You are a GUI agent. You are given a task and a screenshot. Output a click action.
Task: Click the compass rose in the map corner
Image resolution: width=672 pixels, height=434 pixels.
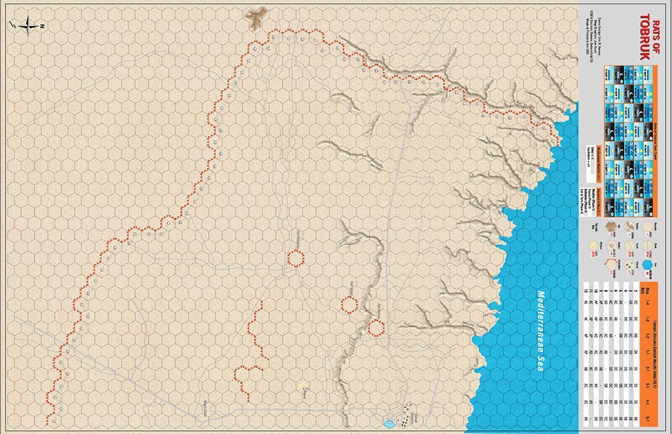click(x=25, y=25)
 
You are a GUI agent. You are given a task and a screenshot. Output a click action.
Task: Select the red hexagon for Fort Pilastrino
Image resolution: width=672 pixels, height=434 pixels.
click(x=295, y=258)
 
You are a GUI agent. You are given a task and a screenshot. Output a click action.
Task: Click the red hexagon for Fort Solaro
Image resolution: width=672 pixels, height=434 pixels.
click(x=349, y=304)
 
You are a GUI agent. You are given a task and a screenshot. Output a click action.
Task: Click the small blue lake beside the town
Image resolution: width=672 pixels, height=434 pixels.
click(x=389, y=421)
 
